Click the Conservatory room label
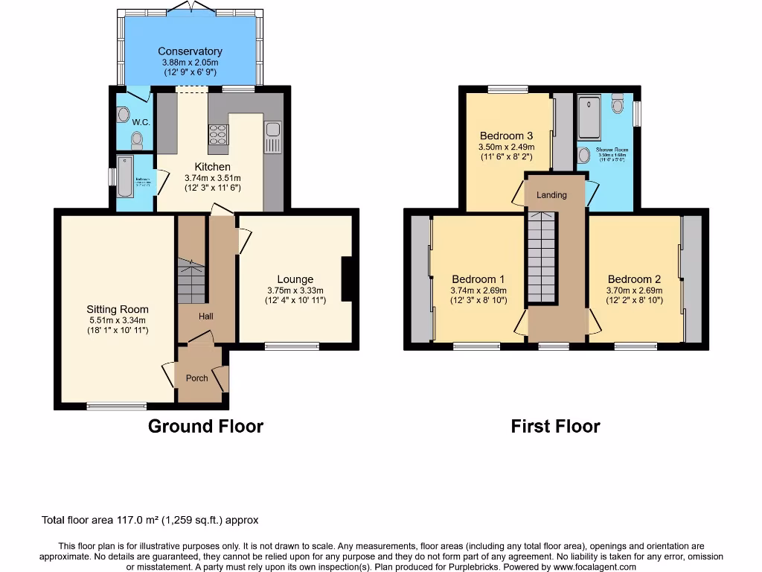[190, 51]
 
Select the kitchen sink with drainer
[272, 137]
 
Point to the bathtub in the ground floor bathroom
[124, 176]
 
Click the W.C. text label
[141, 121]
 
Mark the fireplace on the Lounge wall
[347, 279]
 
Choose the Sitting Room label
[118, 309]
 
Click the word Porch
[197, 378]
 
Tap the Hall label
[206, 317]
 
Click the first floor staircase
[542, 257]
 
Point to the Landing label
[551, 195]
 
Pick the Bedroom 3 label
[506, 136]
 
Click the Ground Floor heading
[205, 426]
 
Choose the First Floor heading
[555, 426]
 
